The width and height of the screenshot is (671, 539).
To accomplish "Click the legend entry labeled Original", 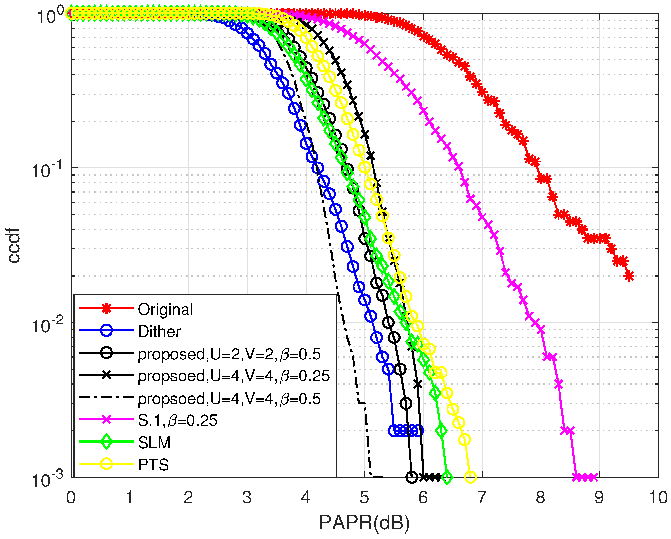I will [x=165, y=309].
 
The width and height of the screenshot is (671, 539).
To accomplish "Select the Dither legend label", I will [x=159, y=332].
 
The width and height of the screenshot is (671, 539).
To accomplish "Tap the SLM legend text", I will [x=154, y=442].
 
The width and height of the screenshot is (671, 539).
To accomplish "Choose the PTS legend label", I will [x=153, y=465].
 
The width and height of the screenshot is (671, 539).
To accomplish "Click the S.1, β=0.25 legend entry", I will [x=177, y=420].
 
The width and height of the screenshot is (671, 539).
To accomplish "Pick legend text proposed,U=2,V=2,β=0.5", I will [x=229, y=354].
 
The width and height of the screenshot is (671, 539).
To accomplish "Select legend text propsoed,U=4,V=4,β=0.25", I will [x=233, y=376].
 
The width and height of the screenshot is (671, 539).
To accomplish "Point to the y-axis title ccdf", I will [x=14, y=246].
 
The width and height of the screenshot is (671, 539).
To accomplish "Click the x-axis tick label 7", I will [x=482, y=497].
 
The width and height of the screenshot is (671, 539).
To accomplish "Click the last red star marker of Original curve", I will [x=629, y=276].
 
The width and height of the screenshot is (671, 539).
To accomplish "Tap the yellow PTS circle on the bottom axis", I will [x=470, y=477].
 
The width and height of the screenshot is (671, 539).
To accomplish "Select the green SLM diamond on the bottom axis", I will [x=447, y=477].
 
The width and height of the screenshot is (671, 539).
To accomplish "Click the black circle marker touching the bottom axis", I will [x=411, y=477].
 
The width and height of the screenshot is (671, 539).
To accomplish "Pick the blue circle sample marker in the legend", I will [x=106, y=330].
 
